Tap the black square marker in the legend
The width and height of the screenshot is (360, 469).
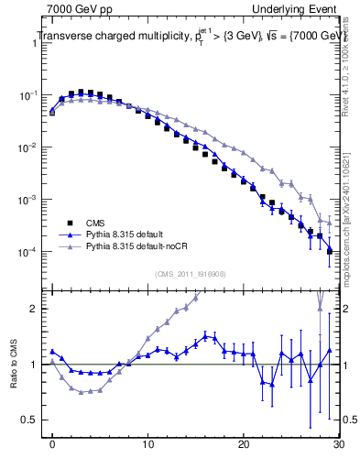pyautogui.click(x=69, y=223)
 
